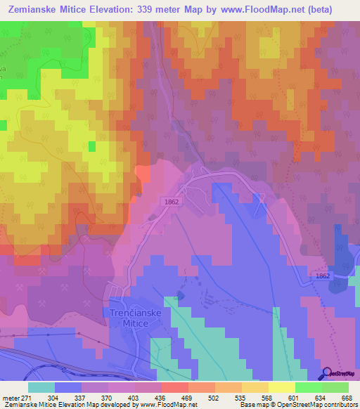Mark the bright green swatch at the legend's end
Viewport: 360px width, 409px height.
pos(335,387)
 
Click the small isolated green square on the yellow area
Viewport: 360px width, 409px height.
pos(92,146)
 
